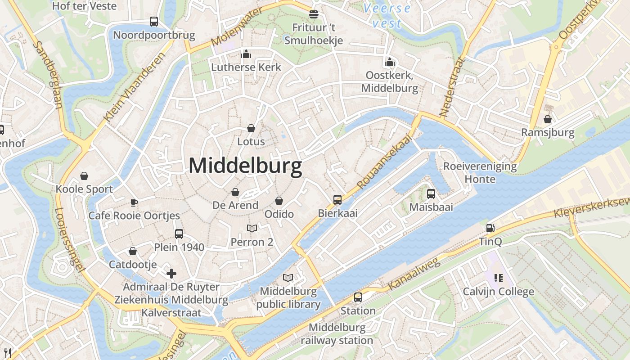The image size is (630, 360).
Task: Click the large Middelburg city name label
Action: (245, 166)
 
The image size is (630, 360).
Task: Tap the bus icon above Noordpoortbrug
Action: (154, 21)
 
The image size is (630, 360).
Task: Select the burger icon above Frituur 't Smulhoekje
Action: (314, 14)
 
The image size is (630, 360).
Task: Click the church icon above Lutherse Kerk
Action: (246, 54)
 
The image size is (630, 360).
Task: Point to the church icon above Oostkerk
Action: (390, 62)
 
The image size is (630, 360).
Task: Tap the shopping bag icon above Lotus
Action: (251, 129)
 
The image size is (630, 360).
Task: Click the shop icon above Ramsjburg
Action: (548, 119)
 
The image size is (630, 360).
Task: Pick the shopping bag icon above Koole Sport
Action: (84, 175)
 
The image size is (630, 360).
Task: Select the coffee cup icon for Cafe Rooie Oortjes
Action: (134, 202)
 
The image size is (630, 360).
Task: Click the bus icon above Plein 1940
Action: (179, 234)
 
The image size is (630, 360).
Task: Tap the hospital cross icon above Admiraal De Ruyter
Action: (171, 273)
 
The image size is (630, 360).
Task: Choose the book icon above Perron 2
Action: (252, 229)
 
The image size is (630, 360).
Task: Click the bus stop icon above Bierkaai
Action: (337, 200)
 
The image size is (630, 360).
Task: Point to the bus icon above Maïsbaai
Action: (431, 194)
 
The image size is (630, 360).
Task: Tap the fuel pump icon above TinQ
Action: (490, 228)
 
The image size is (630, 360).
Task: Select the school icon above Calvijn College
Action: (498, 278)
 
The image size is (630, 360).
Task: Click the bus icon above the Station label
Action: (358, 297)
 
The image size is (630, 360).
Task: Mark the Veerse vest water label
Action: (387, 16)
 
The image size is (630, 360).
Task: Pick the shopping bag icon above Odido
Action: (279, 201)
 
